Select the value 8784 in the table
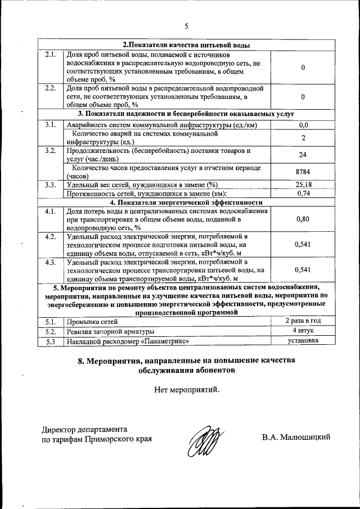coord(303,172)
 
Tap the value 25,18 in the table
coord(303,184)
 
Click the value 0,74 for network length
coord(303,193)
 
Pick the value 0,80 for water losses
coord(303,219)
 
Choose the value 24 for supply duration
coord(303,155)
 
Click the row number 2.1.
coord(51,55)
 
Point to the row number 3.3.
coord(51,184)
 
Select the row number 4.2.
coord(51,237)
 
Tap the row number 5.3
coord(51,341)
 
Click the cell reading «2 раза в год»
coord(303,321)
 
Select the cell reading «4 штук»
coord(303,331)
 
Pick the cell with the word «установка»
coord(303,340)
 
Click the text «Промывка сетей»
coord(92,322)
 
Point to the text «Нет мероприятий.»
coord(186,389)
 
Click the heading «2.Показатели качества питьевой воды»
coord(186,45)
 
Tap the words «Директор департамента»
coord(85,429)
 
